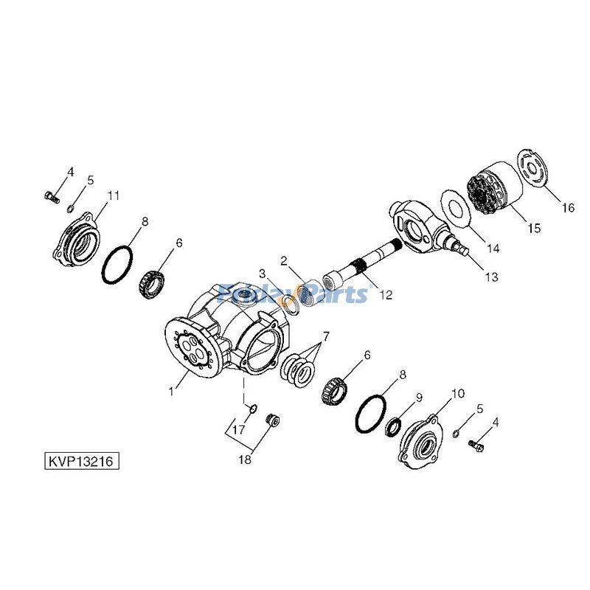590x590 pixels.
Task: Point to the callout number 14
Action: tap(493, 249)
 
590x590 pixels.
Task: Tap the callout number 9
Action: tap(417, 398)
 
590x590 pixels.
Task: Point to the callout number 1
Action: tap(171, 392)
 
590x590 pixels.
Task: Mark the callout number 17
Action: tap(240, 430)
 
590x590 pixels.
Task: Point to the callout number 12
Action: tap(385, 295)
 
